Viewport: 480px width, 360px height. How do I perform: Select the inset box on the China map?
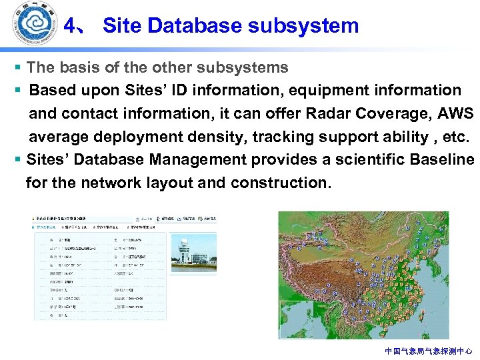tap(295, 319)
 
